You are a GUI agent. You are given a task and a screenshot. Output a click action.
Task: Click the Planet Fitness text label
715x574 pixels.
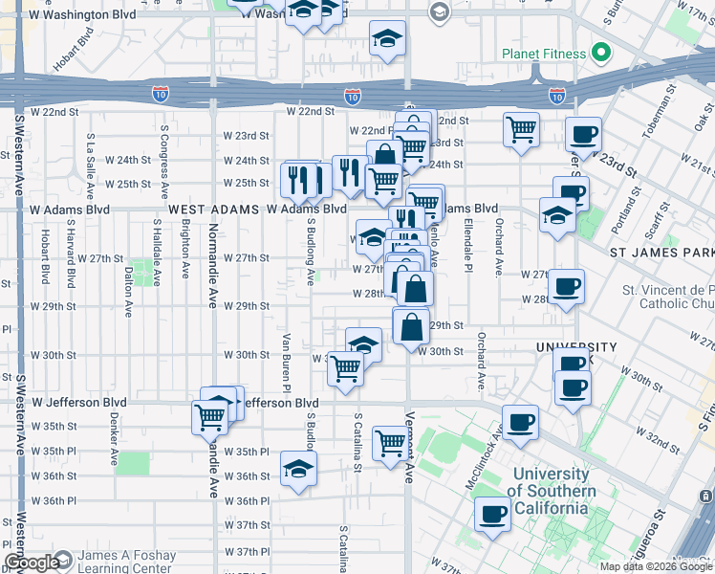click(x=543, y=55)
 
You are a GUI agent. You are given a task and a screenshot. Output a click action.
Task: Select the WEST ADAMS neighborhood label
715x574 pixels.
click(x=214, y=209)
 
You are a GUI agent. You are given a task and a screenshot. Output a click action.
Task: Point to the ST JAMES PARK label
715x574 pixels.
click(x=661, y=252)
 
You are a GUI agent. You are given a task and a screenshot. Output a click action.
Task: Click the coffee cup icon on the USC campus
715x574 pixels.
click(x=493, y=515)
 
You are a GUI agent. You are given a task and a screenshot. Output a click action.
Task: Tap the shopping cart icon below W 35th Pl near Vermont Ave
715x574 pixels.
click(x=390, y=443)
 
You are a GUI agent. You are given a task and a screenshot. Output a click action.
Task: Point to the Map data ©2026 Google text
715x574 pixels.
click(x=656, y=566)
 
